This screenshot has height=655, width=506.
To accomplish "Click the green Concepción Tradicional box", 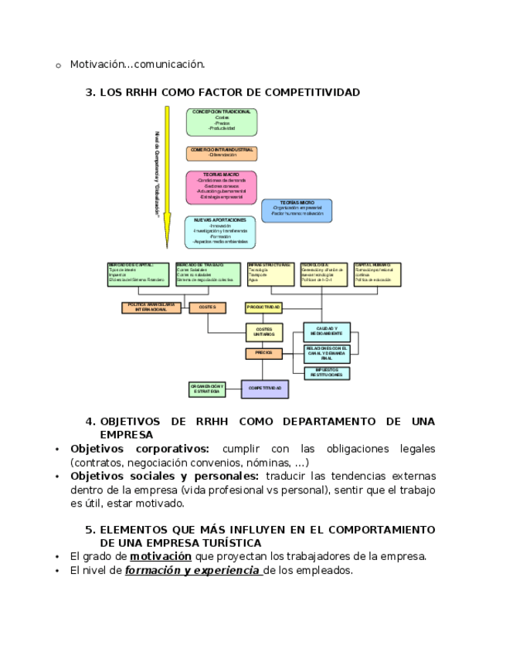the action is [221, 122].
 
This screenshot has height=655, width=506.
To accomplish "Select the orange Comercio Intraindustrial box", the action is [221, 153].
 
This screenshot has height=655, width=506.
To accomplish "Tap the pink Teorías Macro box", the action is [221, 187].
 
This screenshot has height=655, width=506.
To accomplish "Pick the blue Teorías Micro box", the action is [297, 210].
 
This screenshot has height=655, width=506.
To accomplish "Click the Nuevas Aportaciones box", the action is [221, 232].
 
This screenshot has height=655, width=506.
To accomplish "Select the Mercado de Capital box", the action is [138, 274].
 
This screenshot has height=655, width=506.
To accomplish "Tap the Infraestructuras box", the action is [270, 274].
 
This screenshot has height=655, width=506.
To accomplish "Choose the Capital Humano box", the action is [377, 274].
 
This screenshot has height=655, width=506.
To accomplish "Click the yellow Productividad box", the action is [264, 307].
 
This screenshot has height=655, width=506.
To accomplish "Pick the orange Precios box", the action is [264, 353].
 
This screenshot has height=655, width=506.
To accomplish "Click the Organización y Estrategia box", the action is [207, 389].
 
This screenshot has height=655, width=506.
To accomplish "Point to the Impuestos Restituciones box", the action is [326, 373].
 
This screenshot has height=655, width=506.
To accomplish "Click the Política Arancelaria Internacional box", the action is [151, 307].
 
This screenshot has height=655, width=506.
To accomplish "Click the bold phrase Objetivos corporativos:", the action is [139, 449].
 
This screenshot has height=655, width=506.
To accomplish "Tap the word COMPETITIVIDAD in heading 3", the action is [312, 93].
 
